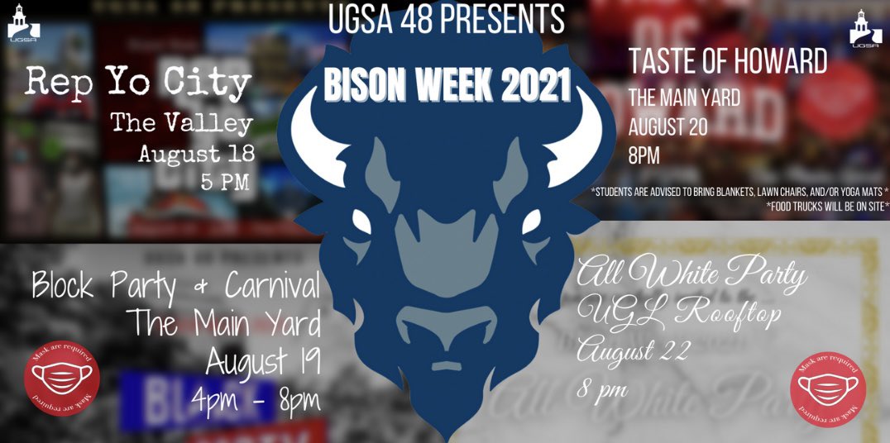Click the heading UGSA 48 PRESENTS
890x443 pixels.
[x=446, y=19]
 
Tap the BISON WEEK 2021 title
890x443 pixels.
[x=447, y=85]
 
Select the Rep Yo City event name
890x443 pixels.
[x=138, y=83]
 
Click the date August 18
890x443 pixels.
[x=195, y=154]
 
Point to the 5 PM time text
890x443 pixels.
[x=225, y=182]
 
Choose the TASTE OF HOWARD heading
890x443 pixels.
[x=728, y=61]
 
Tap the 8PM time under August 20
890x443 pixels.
[x=644, y=155]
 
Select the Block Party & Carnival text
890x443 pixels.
[x=175, y=288]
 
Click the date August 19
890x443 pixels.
[x=262, y=361]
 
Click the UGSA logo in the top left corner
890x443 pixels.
[x=19, y=26]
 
